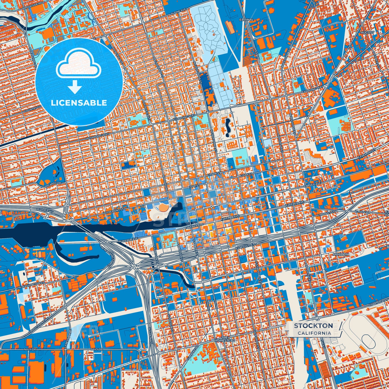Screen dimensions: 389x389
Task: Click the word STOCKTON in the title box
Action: (313, 325)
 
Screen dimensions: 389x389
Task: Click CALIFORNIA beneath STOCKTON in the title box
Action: (314, 333)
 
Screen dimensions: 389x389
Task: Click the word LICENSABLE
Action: (79, 103)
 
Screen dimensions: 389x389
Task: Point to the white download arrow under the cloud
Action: (75, 87)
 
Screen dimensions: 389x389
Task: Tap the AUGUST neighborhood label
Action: (367, 32)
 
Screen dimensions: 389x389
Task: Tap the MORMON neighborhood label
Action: (341, 254)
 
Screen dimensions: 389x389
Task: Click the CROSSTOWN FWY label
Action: (38, 327)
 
